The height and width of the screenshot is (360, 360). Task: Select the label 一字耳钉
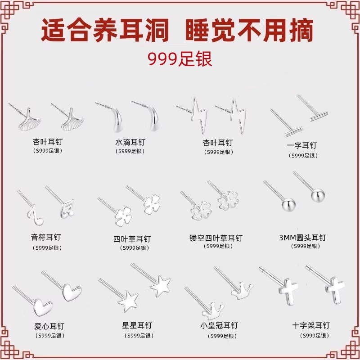(x=301, y=145)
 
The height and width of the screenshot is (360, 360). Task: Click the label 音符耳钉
(x=46, y=237)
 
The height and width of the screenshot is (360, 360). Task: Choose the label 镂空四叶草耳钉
(x=216, y=238)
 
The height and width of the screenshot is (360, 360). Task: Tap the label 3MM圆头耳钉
(x=302, y=238)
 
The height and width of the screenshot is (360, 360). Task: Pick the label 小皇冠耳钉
(x=219, y=325)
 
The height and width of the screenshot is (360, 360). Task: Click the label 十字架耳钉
(x=310, y=325)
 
